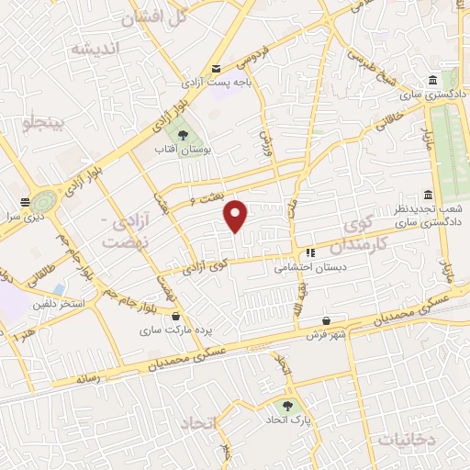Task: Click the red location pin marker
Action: point(236,216)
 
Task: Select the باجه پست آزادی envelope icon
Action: point(217,68)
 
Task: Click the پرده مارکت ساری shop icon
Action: point(174,317)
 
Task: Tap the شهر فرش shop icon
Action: point(326,322)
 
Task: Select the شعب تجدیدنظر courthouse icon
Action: point(427,196)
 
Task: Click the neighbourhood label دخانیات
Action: point(404,440)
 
